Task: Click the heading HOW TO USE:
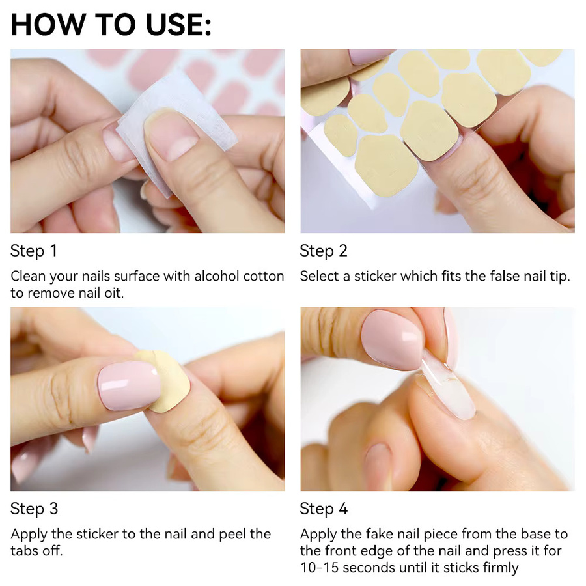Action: pos(111,25)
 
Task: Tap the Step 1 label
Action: pos(34,251)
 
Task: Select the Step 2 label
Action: pos(324,251)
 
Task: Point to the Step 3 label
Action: pos(34,509)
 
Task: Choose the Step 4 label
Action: pos(324,509)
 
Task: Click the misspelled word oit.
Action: pos(114,293)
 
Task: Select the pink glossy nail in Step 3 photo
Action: pos(128,385)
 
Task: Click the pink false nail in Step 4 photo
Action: pos(393,340)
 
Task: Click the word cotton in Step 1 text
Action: pos(264,276)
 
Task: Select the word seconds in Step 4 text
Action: pos(367,568)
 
